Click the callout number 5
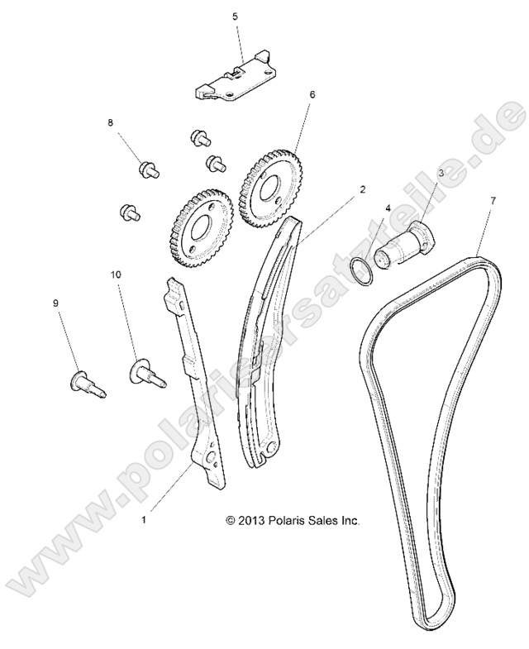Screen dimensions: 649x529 tap(235, 17)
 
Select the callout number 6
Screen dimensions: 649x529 tap(312, 95)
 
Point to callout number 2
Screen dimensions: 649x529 tap(362, 189)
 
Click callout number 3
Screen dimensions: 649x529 tap(441, 173)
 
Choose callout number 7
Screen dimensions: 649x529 tap(493, 201)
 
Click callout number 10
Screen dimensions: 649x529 tap(117, 272)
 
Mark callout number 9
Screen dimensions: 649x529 tap(57, 304)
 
